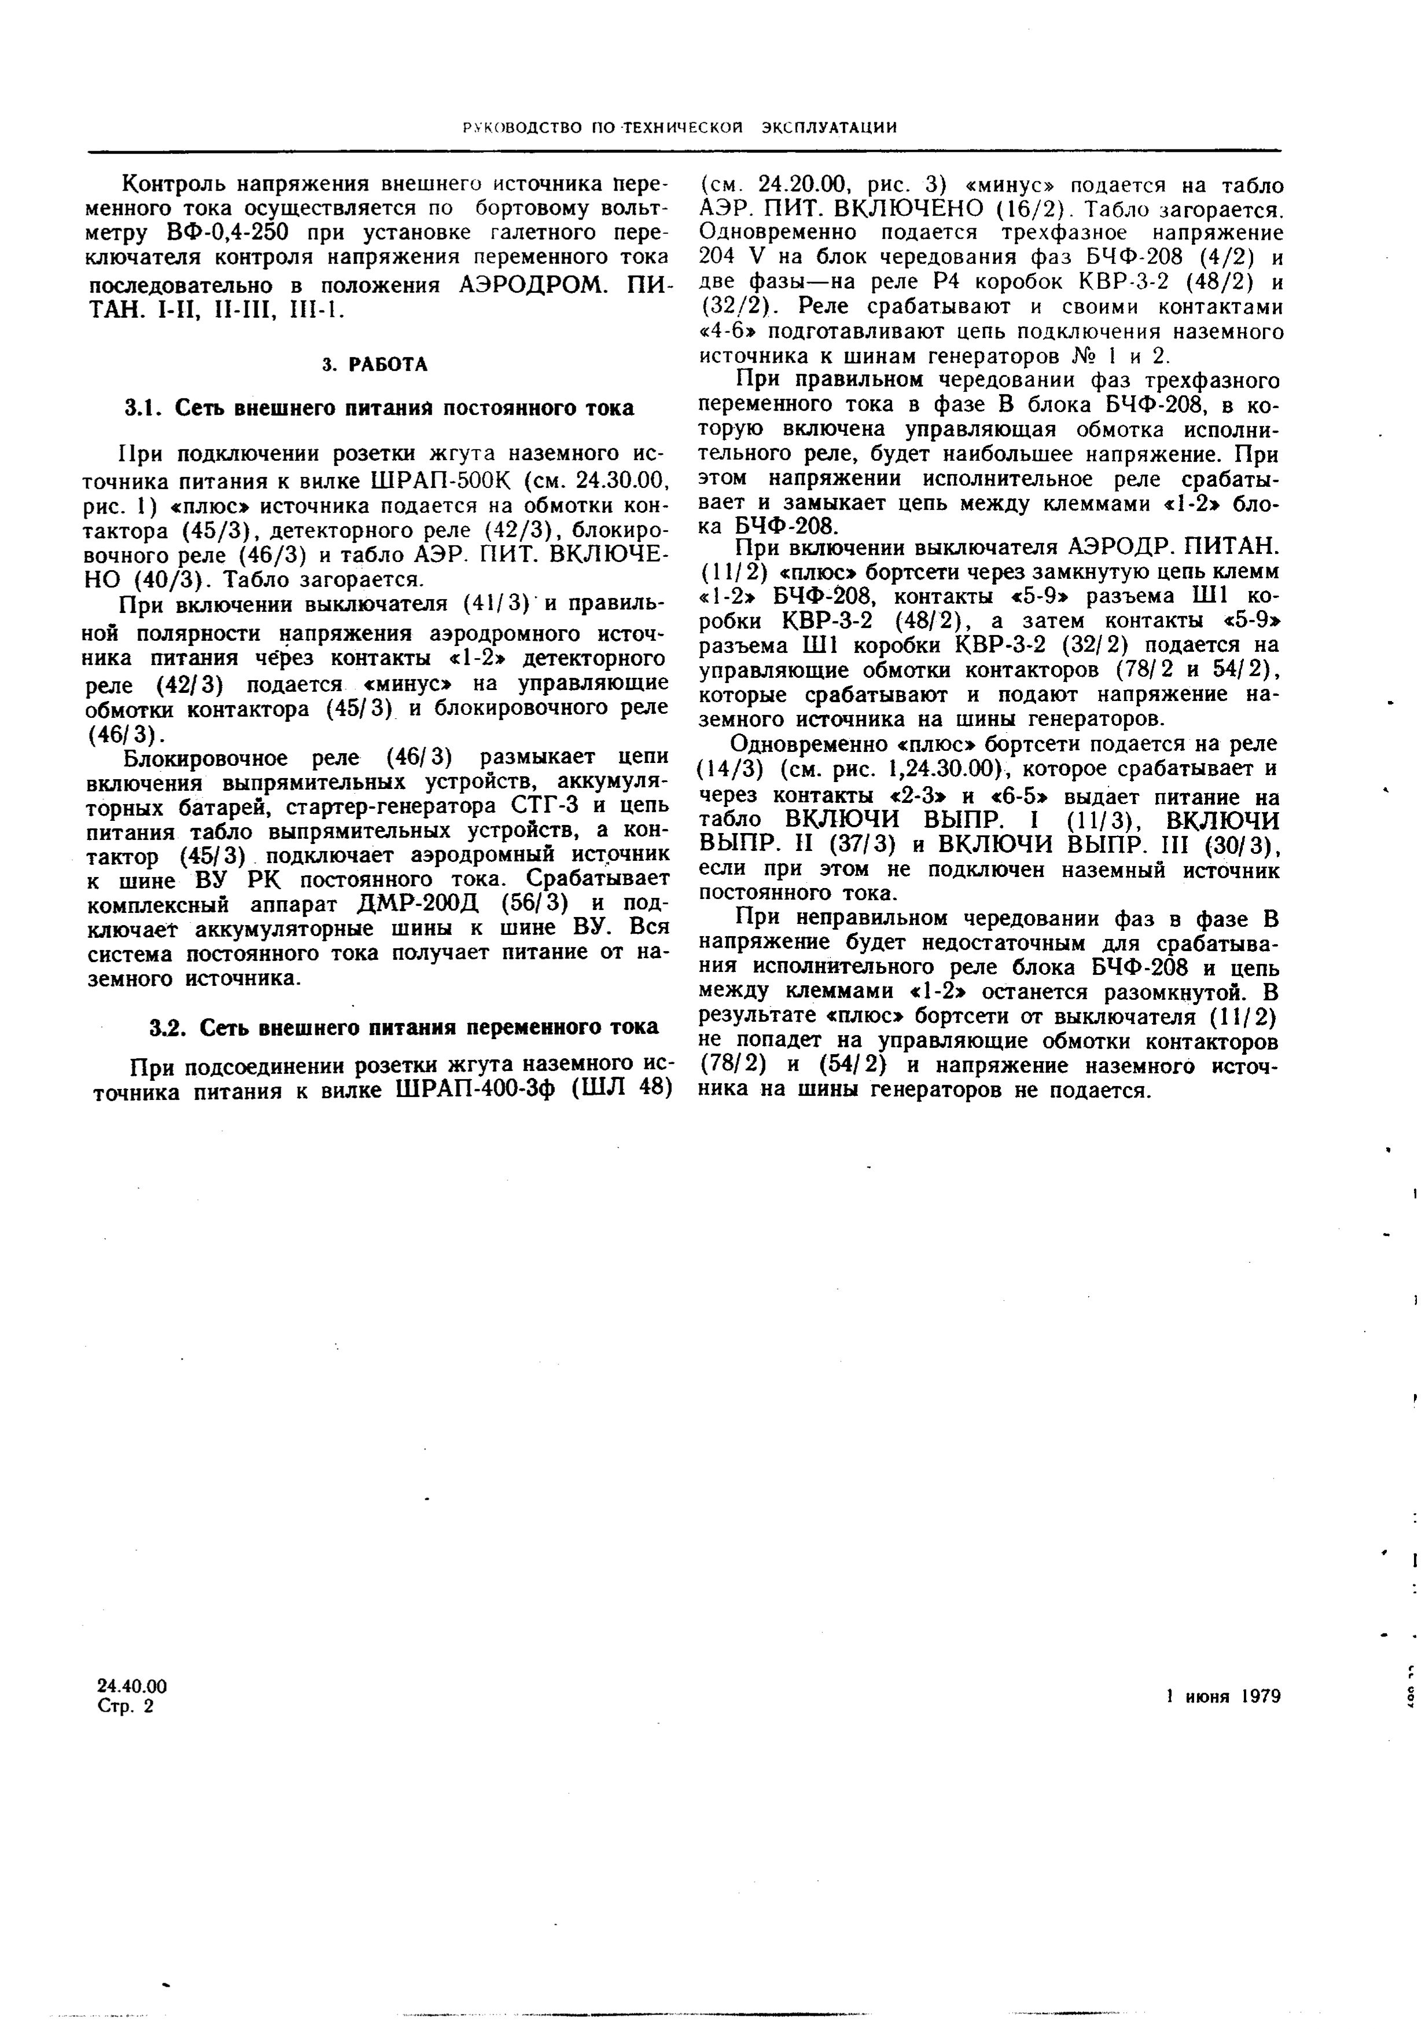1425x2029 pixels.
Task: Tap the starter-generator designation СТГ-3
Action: [495, 808]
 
